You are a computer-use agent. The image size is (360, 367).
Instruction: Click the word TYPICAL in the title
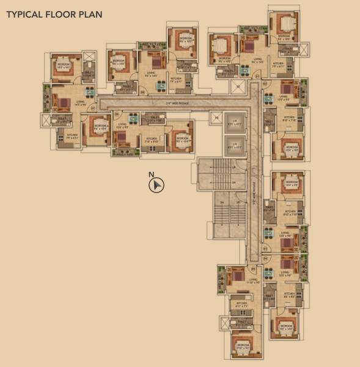pos(24,13)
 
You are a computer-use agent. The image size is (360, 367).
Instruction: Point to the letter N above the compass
pos(151,176)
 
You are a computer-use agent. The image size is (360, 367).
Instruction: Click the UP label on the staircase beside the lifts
pos(234,167)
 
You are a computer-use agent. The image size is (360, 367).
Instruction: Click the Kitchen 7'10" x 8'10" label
pos(151,139)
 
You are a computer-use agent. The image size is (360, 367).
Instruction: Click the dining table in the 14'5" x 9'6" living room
pos(89,93)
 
